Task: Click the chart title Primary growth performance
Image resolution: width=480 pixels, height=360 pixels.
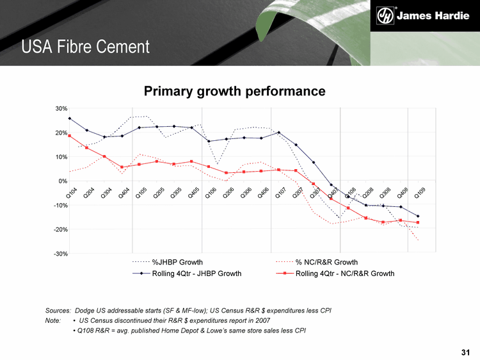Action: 235,92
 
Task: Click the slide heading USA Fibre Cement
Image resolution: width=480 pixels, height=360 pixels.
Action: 85,47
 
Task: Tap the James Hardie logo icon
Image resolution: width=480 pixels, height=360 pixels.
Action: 385,15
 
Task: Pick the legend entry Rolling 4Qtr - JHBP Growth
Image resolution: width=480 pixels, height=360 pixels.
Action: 196,274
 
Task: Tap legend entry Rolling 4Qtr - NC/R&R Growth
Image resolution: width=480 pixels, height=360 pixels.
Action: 345,274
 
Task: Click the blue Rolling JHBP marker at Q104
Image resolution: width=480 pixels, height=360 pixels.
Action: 69,119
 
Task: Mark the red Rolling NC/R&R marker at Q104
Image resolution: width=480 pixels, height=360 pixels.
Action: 69,136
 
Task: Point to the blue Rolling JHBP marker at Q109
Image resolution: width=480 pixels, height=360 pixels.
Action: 418,216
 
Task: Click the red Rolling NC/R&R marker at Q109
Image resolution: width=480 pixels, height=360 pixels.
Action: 418,222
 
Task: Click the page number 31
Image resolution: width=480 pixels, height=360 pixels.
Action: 465,352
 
